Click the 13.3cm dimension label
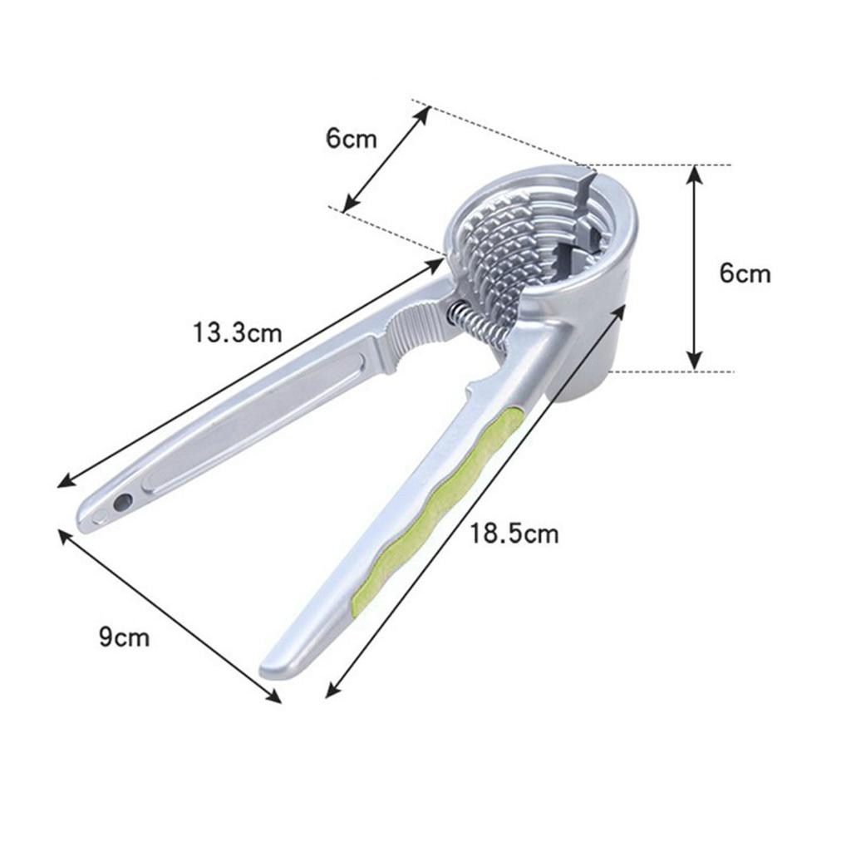click(x=238, y=332)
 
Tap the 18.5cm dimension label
click(x=514, y=534)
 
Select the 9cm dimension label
click(x=125, y=636)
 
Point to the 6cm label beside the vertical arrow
click(x=745, y=273)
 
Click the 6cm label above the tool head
click(x=352, y=139)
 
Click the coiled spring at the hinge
click(x=478, y=325)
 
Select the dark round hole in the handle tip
click(x=123, y=501)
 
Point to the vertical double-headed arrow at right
click(x=695, y=268)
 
